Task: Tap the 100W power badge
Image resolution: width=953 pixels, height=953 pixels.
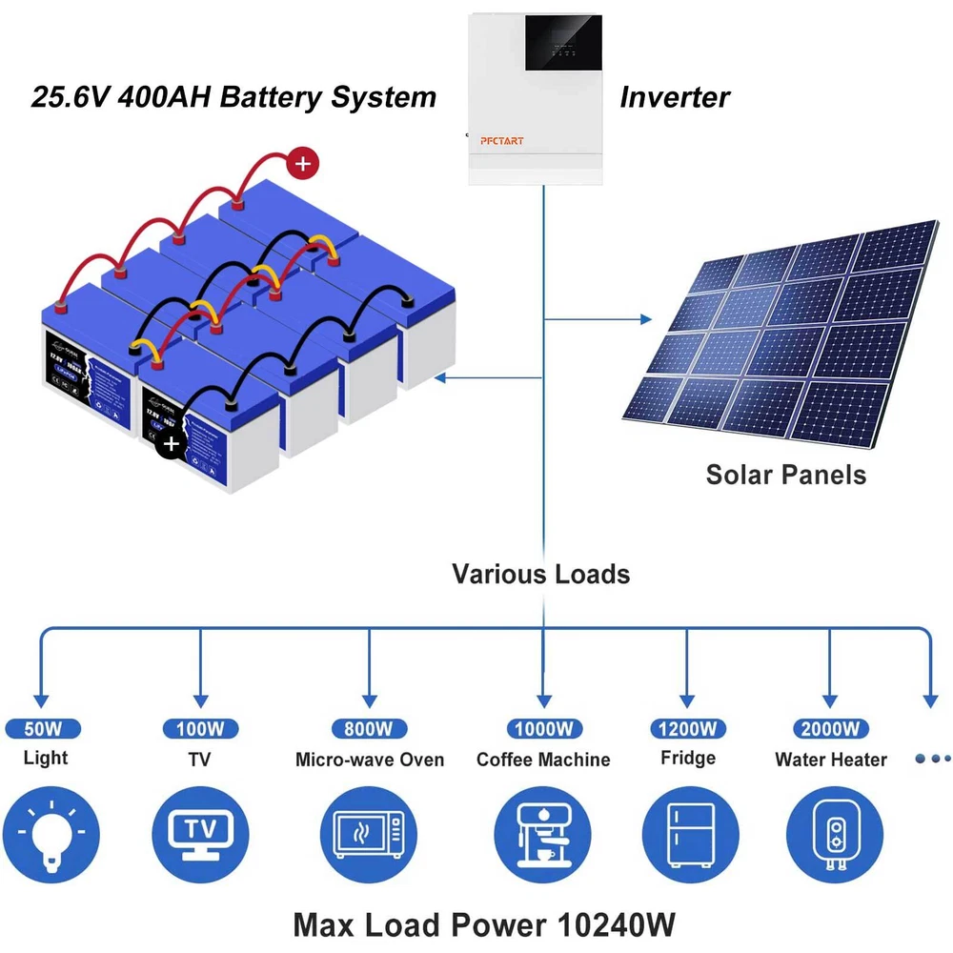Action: (x=200, y=729)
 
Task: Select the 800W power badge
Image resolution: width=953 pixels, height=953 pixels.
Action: (x=369, y=729)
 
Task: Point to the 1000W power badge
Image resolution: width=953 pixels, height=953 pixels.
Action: (x=543, y=729)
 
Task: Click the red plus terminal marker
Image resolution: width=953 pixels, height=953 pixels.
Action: (x=302, y=164)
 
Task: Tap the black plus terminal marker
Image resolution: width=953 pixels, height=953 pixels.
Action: (x=171, y=444)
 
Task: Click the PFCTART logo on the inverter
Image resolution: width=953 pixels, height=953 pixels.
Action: (x=503, y=141)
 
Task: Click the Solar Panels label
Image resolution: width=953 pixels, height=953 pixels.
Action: (x=785, y=475)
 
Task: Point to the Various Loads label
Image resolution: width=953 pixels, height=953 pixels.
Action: (x=540, y=574)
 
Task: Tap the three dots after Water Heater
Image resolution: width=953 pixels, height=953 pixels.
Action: (x=932, y=759)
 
